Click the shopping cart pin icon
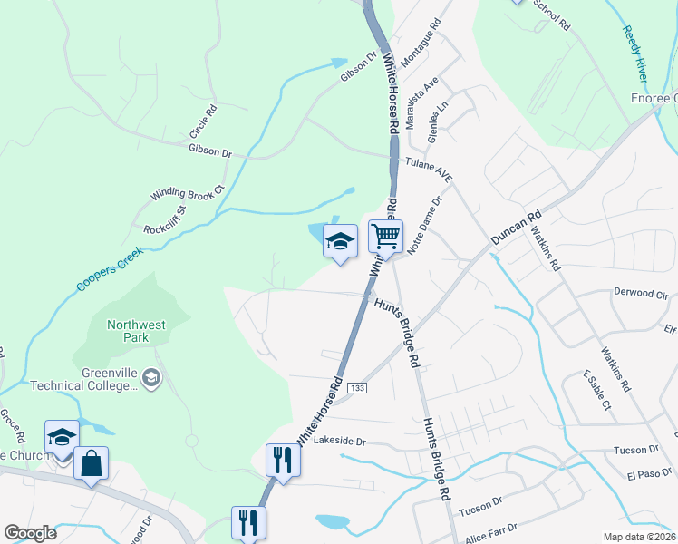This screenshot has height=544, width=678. [385, 238]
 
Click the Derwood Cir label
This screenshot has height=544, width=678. [641, 295]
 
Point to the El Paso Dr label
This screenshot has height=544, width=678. [646, 473]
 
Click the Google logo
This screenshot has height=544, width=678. [30, 532]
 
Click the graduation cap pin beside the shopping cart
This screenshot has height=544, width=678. [340, 241]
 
